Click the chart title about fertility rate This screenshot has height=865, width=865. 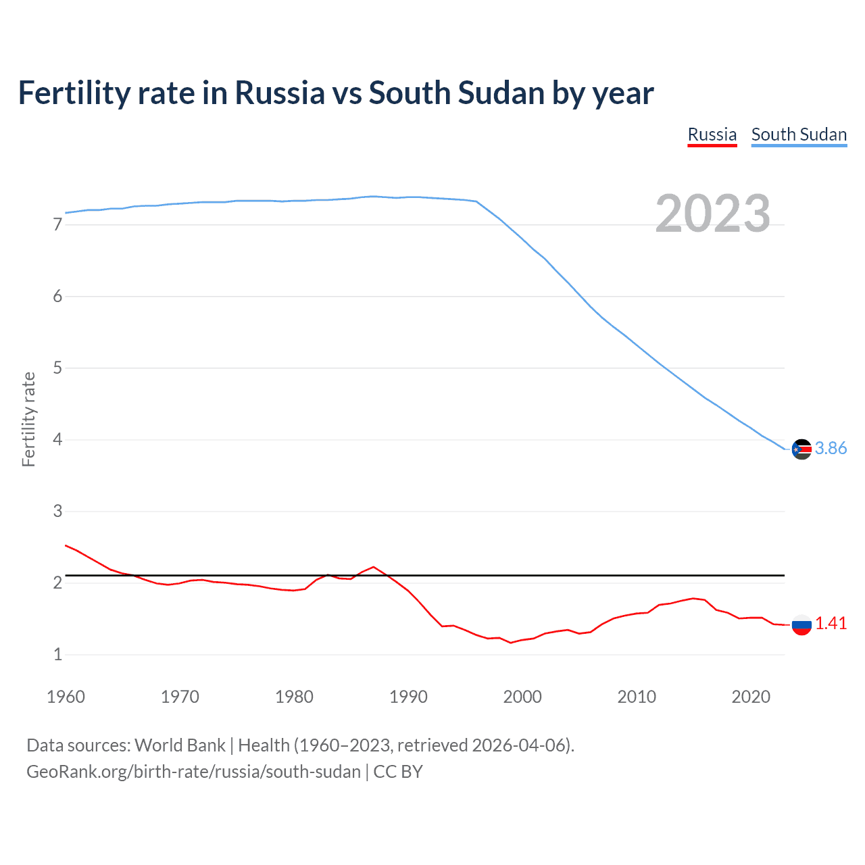(336, 93)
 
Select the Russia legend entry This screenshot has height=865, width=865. (712, 134)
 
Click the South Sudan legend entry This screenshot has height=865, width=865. (799, 134)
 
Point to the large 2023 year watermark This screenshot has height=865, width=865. (712, 214)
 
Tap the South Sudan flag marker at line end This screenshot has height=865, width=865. (801, 449)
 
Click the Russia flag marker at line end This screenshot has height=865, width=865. (801, 624)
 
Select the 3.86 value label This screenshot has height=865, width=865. (831, 449)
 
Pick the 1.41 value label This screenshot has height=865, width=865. (831, 624)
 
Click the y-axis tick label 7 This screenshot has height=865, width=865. (57, 224)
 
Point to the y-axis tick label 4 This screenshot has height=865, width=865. (57, 440)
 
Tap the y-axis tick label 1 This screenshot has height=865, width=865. (57, 655)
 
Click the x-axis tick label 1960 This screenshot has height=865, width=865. (66, 697)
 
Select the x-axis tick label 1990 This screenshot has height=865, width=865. (408, 697)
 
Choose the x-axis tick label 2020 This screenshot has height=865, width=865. (751, 697)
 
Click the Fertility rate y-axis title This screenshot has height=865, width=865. (28, 419)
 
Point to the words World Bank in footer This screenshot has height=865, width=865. (180, 745)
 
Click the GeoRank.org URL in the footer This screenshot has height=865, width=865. (193, 772)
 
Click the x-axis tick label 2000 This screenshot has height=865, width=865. (522, 697)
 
